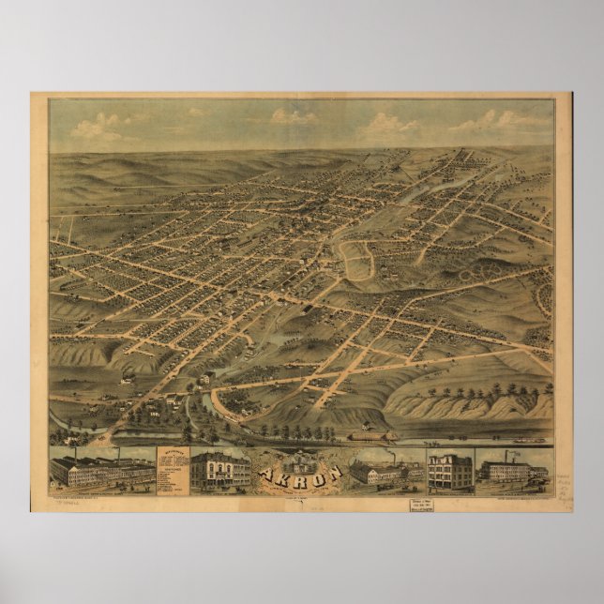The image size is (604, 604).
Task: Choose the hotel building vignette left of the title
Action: (x=219, y=470)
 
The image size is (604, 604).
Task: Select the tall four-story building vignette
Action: (x=449, y=471)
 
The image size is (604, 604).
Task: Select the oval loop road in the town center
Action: (x=356, y=256)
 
